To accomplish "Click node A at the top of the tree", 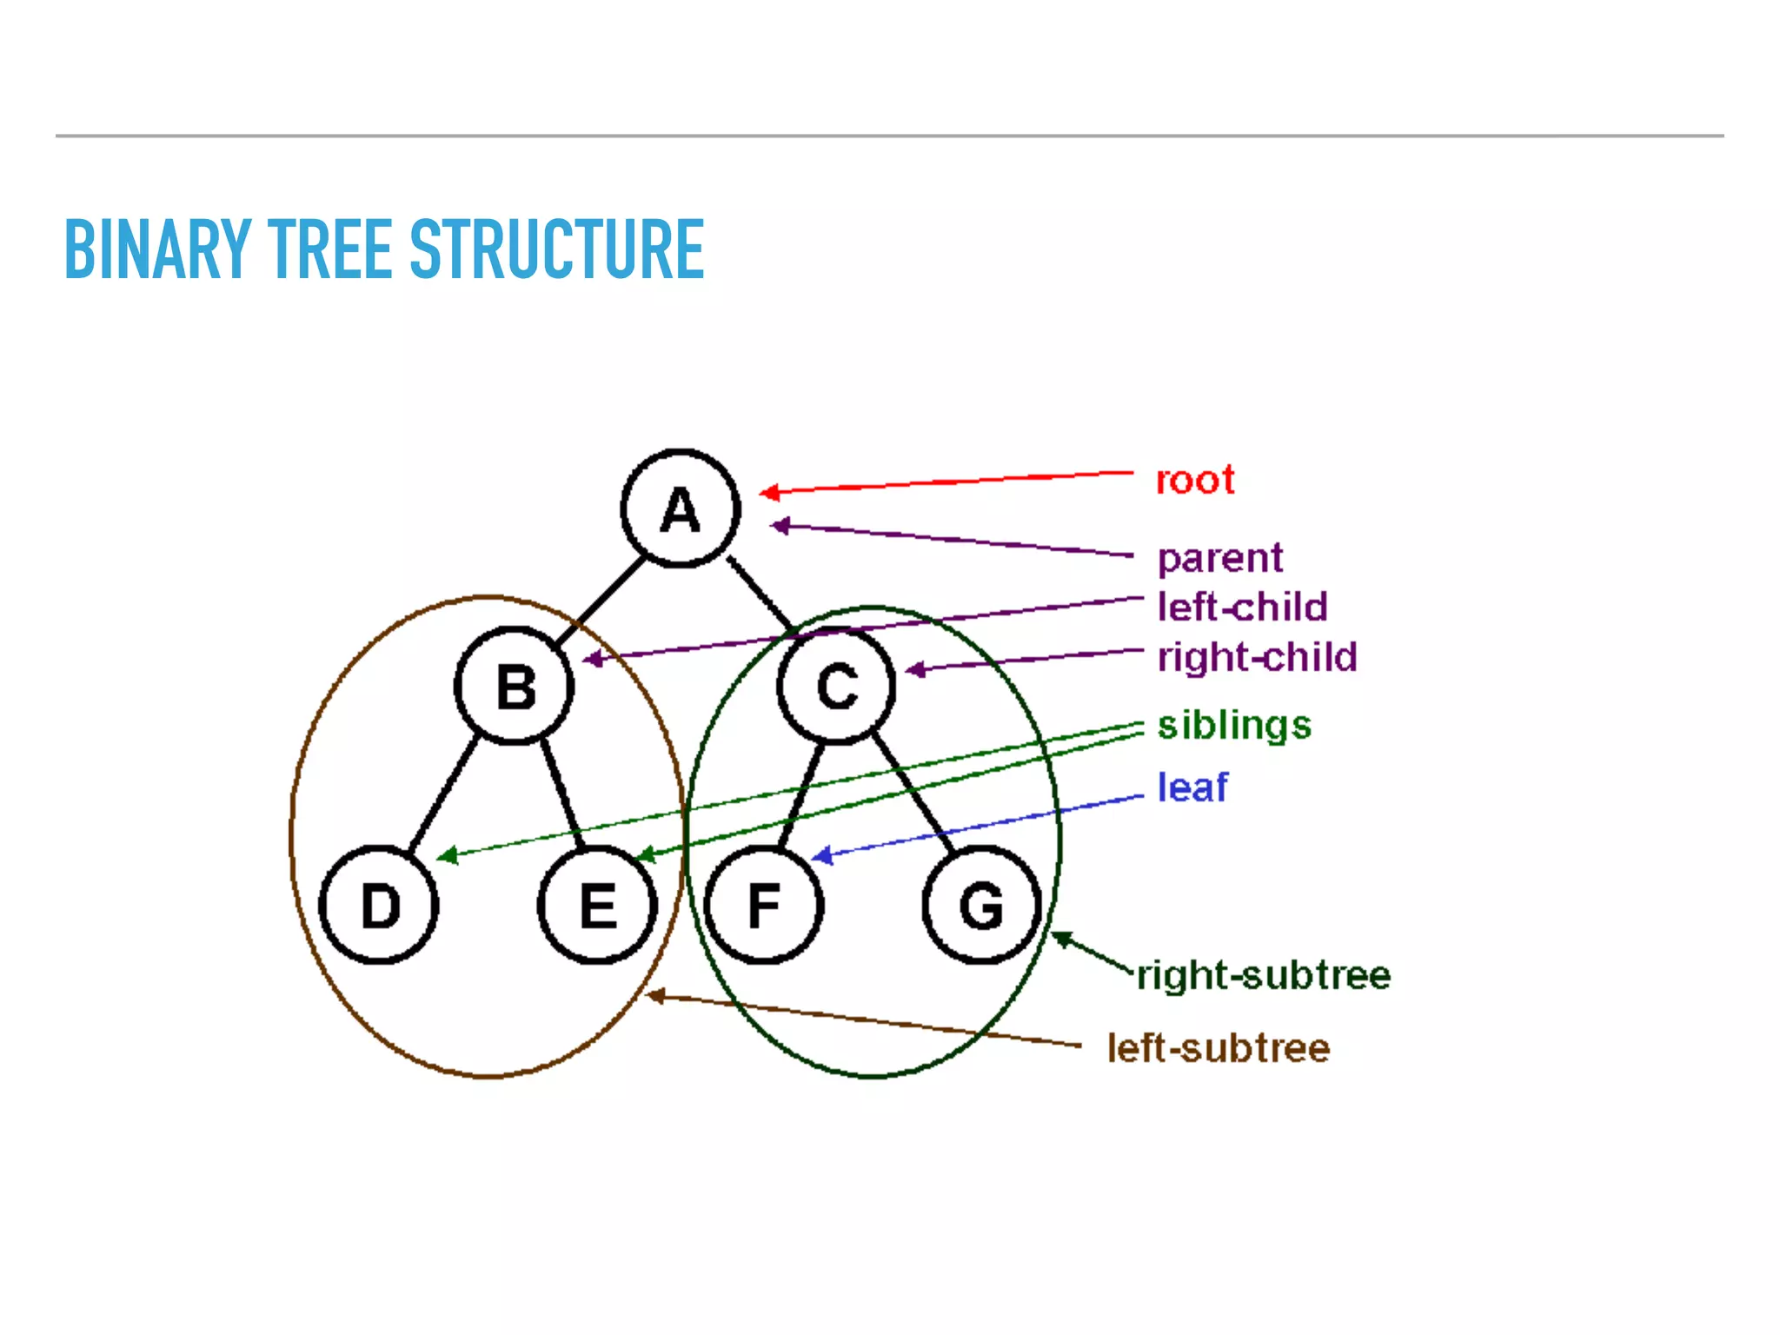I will click(x=681, y=508).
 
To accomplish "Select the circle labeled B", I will click(x=515, y=686).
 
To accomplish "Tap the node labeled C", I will click(x=836, y=686).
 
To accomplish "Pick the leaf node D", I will click(x=379, y=905).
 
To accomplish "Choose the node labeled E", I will click(x=597, y=905).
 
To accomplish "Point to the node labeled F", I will click(x=764, y=905).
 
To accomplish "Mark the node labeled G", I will click(x=981, y=905).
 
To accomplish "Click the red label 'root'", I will click(x=1195, y=480).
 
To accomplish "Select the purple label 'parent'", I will click(x=1220, y=558).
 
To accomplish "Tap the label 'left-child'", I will click(x=1243, y=607).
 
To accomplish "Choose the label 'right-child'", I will click(x=1257, y=657).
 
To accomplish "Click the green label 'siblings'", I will click(x=1234, y=725).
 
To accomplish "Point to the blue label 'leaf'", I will click(x=1192, y=787).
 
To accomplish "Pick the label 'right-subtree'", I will click(x=1265, y=975).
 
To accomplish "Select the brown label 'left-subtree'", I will click(x=1219, y=1048).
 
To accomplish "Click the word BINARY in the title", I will click(x=157, y=249).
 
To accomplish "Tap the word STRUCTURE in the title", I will click(x=557, y=249).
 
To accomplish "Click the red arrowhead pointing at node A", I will click(x=768, y=493).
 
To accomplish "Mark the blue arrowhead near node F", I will click(x=821, y=856).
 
